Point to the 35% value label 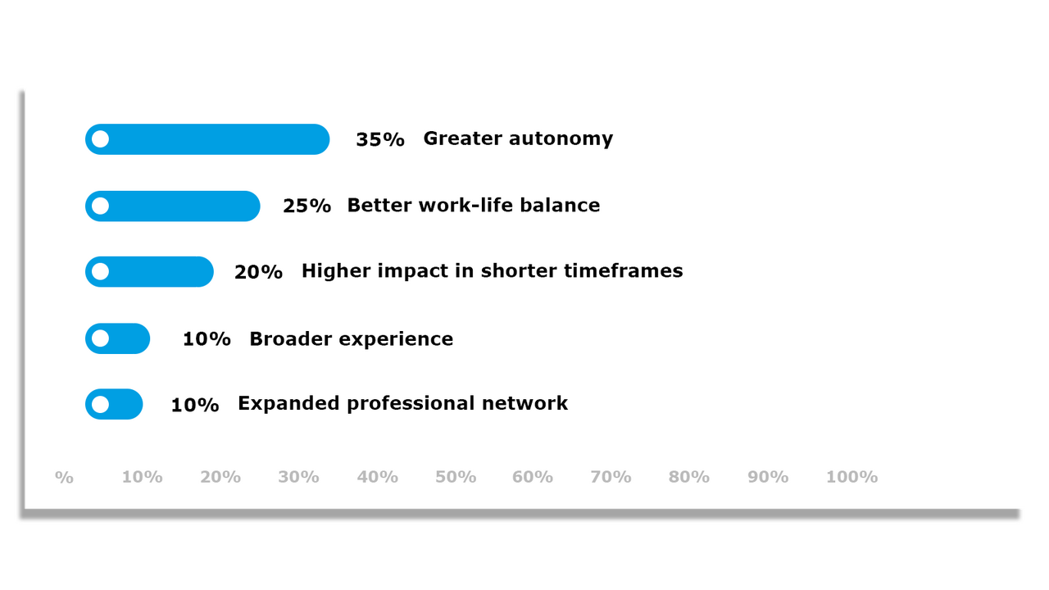point(380,140)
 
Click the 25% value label point(307,206)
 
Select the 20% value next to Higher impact point(258,272)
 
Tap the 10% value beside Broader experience point(207,339)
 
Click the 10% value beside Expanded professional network point(195,405)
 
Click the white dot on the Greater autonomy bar point(100,139)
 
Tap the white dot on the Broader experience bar point(100,338)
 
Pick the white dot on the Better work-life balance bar point(100,206)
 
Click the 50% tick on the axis point(456,477)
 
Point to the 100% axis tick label point(851,477)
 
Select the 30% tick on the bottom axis point(298,477)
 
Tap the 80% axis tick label point(689,477)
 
